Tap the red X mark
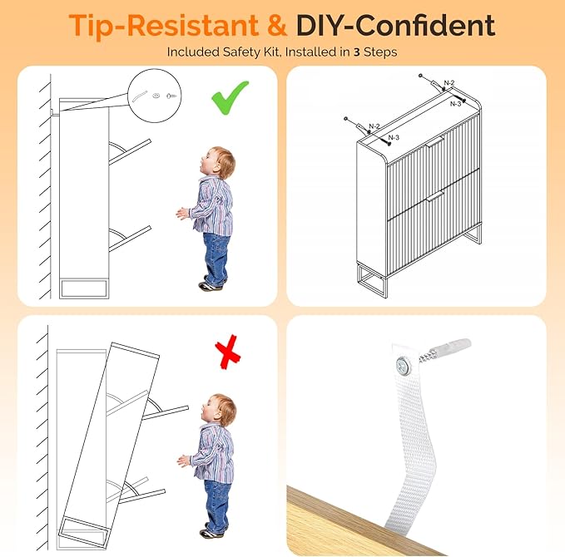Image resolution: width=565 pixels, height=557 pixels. [x=228, y=352]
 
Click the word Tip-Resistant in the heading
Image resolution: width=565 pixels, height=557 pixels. [x=164, y=26]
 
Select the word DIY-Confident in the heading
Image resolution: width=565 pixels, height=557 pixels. [x=395, y=25]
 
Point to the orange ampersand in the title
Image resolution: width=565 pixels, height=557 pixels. [x=277, y=25]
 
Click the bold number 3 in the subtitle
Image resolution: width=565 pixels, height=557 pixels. [x=357, y=52]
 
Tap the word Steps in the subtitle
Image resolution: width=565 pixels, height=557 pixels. [x=380, y=52]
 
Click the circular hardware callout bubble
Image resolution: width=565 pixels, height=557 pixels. [x=155, y=95]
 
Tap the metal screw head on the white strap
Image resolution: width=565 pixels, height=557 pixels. [x=404, y=366]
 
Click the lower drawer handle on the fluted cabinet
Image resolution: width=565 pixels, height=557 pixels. [x=434, y=196]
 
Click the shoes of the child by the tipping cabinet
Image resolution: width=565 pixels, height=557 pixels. [x=212, y=530]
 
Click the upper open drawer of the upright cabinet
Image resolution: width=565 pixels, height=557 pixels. [x=130, y=151]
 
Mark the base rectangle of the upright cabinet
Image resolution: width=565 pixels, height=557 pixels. [x=84, y=288]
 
